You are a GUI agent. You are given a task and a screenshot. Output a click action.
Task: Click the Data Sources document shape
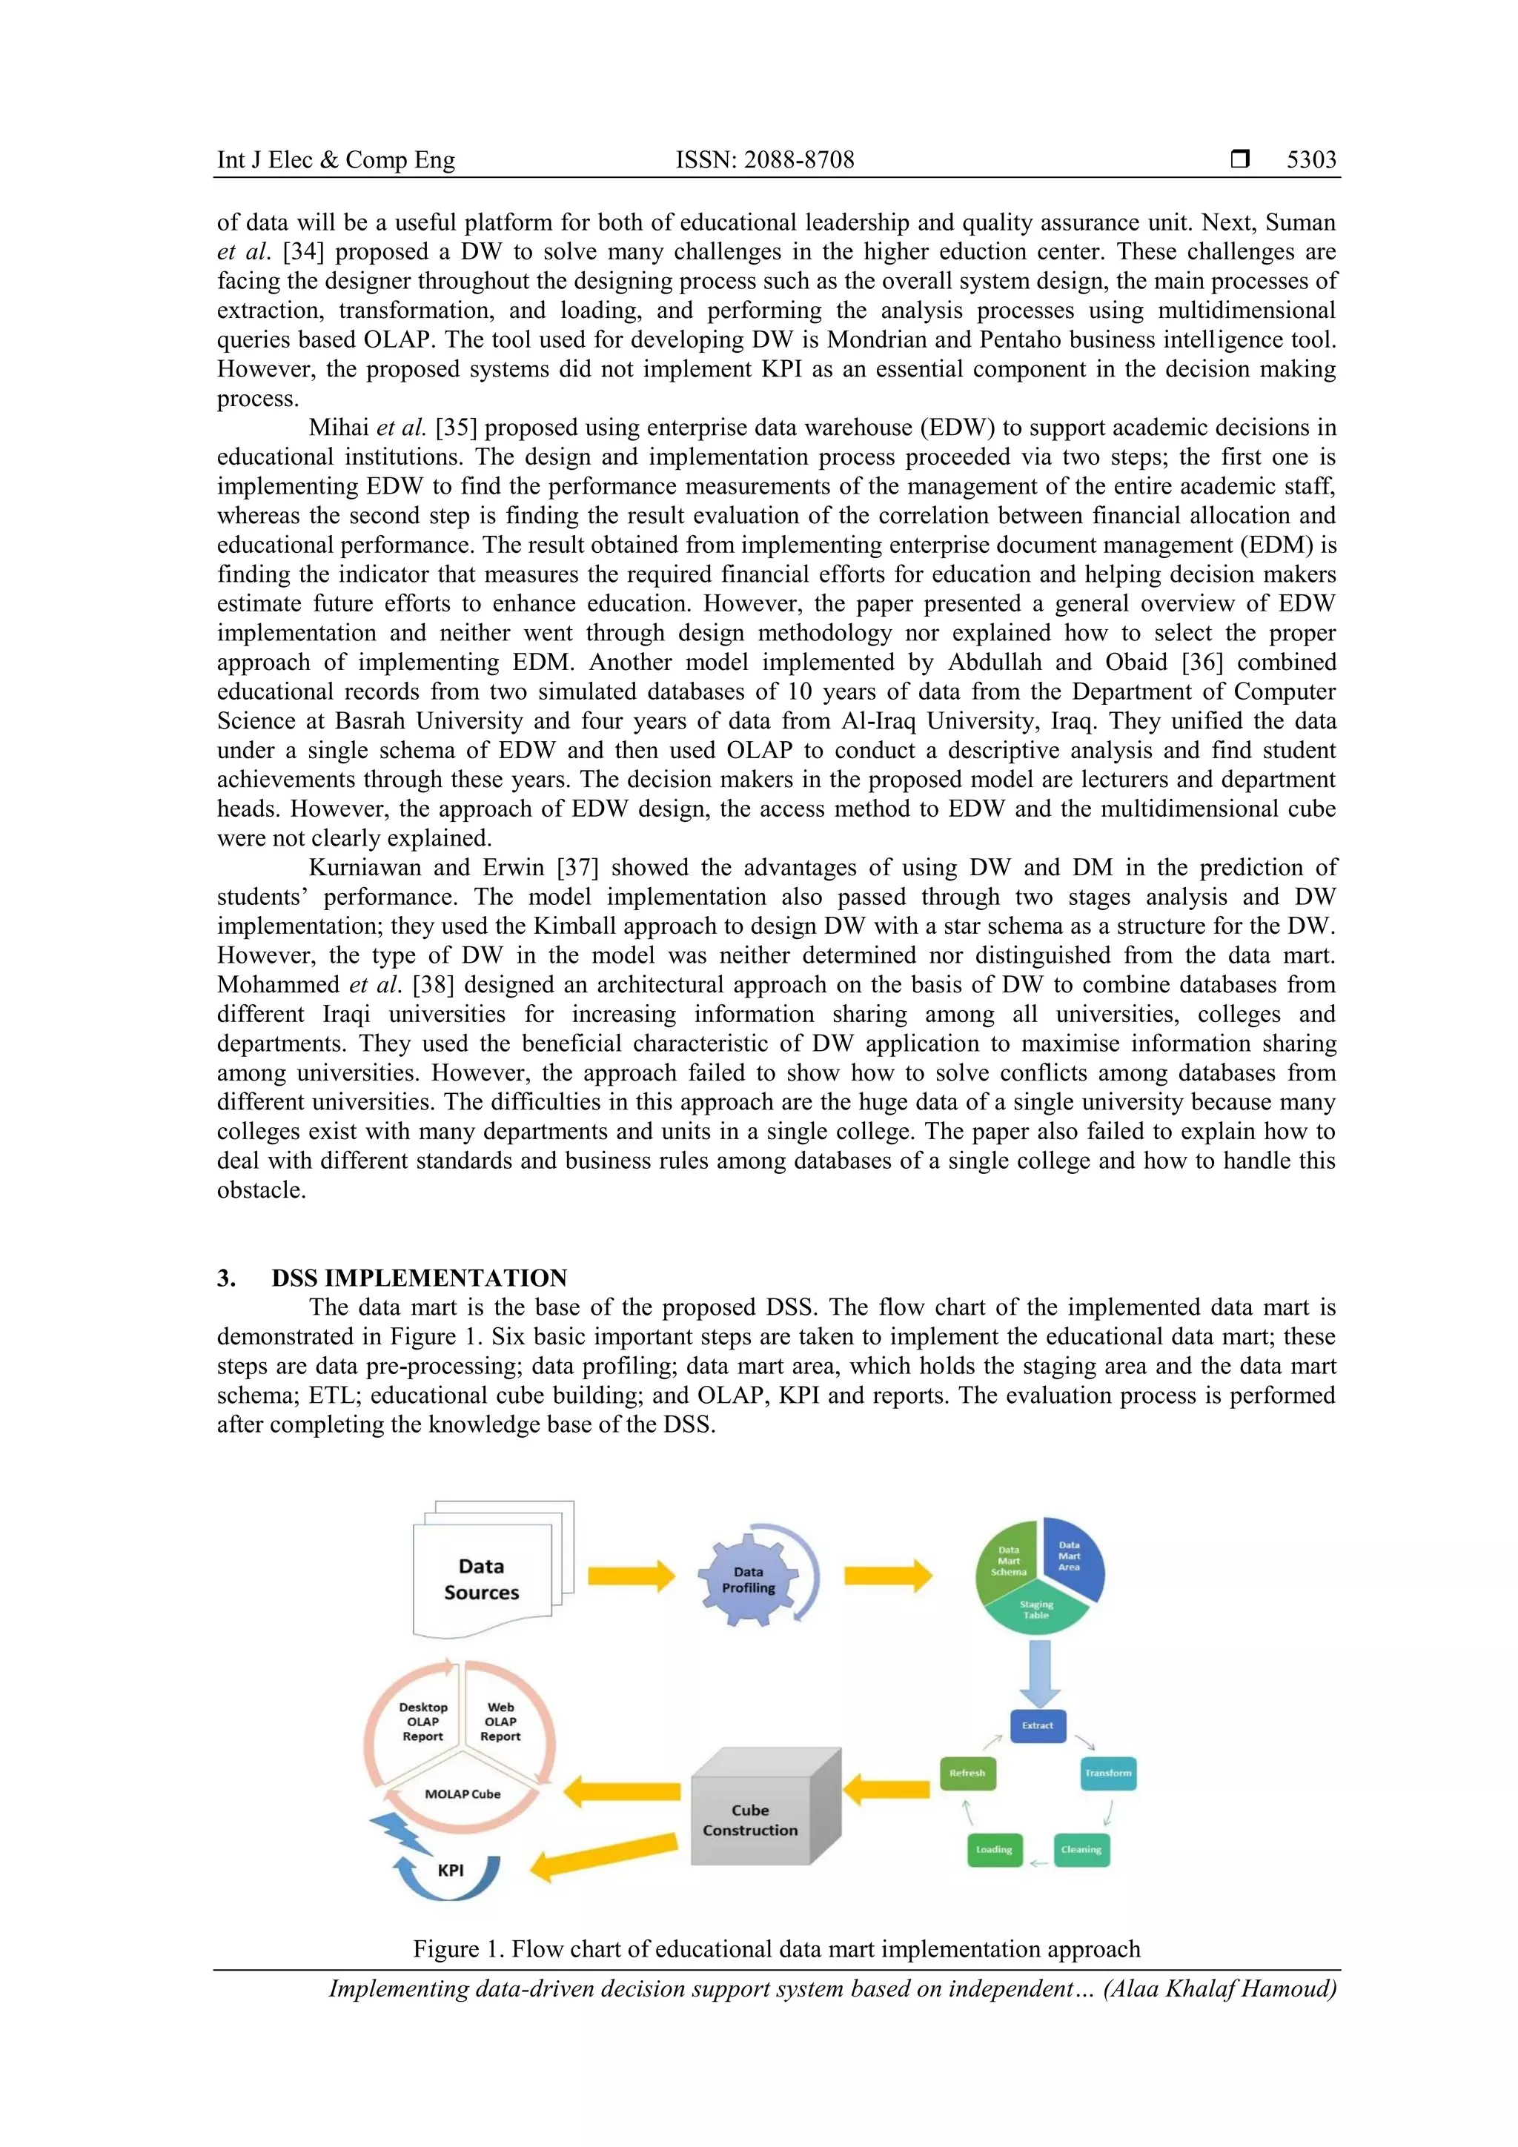[x=482, y=1579]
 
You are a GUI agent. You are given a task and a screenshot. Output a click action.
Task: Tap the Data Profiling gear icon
[x=748, y=1579]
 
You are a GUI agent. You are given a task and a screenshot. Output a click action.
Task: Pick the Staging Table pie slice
[x=1035, y=1609]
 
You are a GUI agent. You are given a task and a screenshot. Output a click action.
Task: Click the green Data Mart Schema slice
[x=1007, y=1561]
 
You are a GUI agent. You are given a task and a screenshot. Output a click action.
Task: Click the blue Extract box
[x=1037, y=1725]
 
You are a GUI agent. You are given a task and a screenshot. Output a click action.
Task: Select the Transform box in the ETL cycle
[x=1108, y=1773]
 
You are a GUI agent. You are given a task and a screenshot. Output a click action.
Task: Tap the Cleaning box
[x=1081, y=1850]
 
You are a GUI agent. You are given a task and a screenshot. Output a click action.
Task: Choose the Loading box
[x=994, y=1850]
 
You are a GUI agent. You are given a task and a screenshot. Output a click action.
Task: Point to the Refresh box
[x=967, y=1773]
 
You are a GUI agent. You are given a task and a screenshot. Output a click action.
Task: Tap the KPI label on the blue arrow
[x=451, y=1871]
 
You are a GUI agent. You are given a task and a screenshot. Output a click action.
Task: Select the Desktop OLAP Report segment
[x=422, y=1722]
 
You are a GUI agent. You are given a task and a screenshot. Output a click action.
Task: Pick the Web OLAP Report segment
[x=500, y=1722]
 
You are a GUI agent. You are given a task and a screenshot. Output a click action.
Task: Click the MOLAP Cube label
[x=463, y=1793]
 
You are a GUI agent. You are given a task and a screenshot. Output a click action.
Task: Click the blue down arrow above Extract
[x=1038, y=1672]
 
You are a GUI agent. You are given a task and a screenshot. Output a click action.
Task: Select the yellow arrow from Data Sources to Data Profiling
[x=632, y=1576]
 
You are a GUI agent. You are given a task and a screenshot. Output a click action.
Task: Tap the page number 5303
[x=1310, y=160]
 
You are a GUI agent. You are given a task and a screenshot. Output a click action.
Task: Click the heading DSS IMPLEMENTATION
[x=419, y=1278]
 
